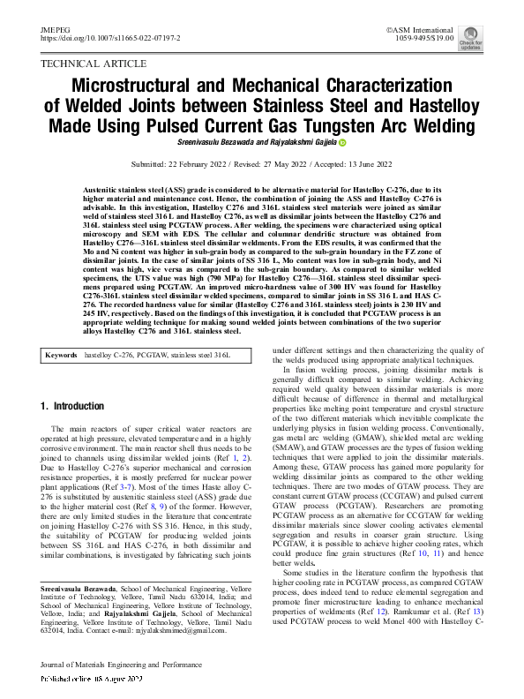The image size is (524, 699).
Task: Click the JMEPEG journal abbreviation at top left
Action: pyautogui.click(x=55, y=30)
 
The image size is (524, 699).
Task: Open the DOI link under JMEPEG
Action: pyautogui.click(x=110, y=40)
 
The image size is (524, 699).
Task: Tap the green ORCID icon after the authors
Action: pyautogui.click(x=342, y=143)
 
